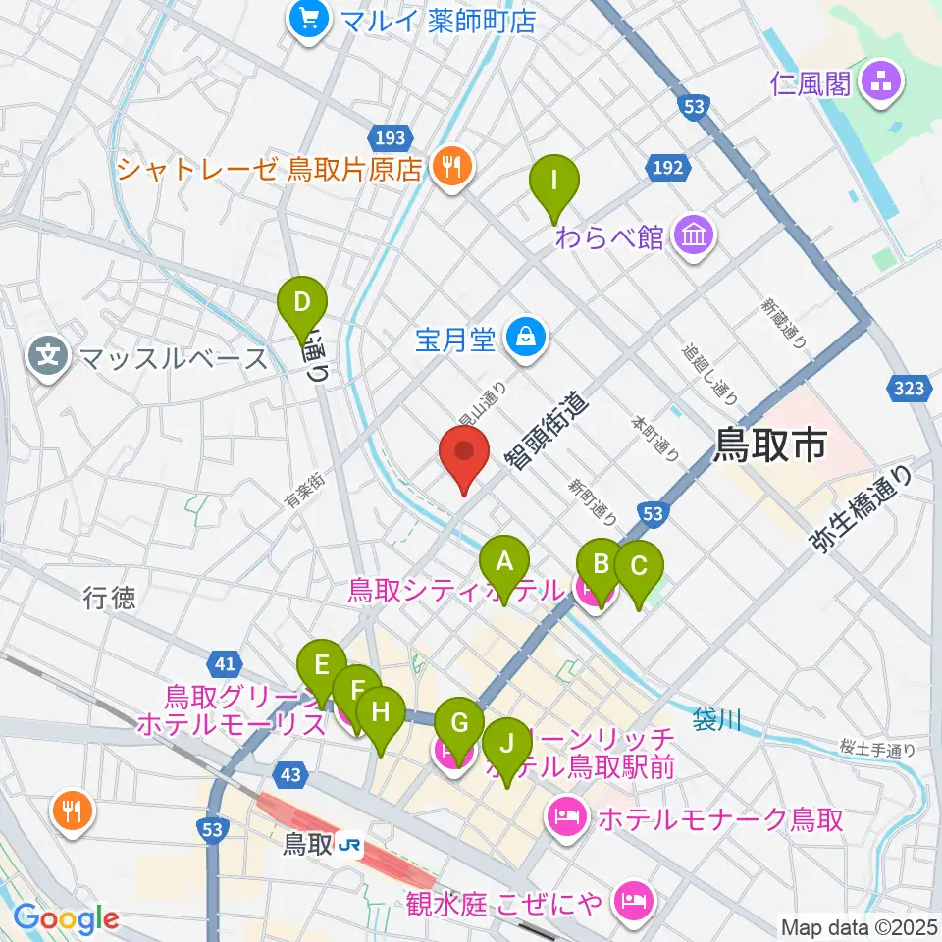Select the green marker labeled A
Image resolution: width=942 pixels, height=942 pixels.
click(x=504, y=563)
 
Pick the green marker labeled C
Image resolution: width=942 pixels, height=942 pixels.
click(x=639, y=568)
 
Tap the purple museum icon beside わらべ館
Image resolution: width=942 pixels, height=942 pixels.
click(x=694, y=236)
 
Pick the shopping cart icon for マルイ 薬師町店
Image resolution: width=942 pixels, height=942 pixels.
click(x=309, y=20)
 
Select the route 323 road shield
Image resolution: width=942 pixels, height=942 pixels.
click(x=909, y=389)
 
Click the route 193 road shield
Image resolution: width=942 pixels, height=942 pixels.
click(x=387, y=136)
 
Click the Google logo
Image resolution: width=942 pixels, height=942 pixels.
click(x=67, y=918)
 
